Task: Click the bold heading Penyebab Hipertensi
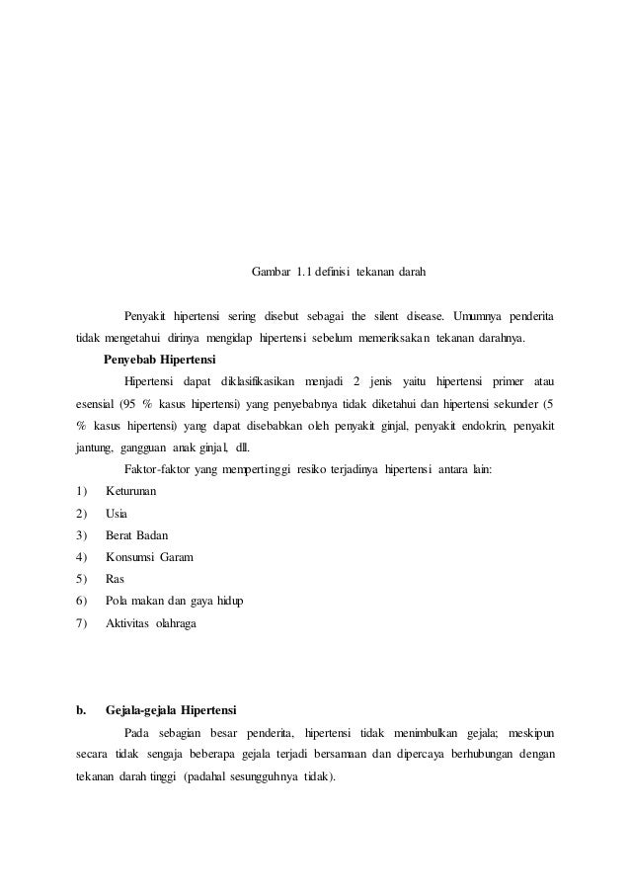click(159, 359)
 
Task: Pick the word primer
click(503, 381)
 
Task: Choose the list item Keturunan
click(132, 492)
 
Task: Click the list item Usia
click(116, 514)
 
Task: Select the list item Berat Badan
click(138, 535)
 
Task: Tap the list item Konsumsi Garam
click(149, 557)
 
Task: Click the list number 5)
click(81, 579)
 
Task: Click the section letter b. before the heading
click(81, 709)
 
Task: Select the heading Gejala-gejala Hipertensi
click(171, 709)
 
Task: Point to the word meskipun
click(531, 732)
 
